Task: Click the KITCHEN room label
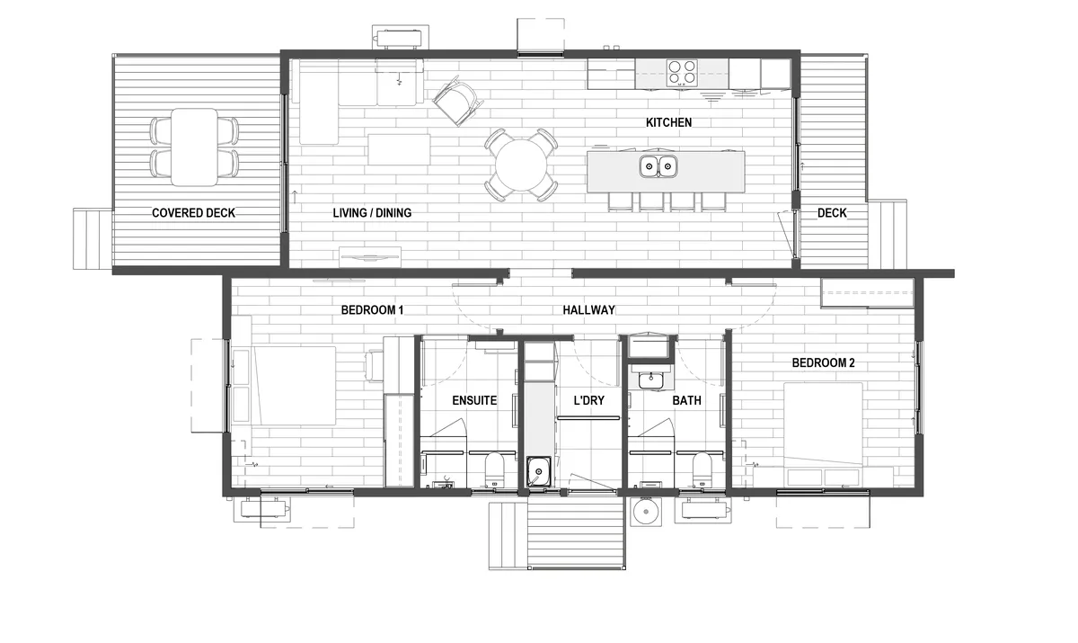click(668, 123)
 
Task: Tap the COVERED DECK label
click(193, 213)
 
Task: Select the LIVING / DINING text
click(372, 213)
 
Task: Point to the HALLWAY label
click(588, 310)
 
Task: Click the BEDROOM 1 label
click(372, 310)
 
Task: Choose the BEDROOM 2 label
click(824, 363)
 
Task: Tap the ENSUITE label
click(474, 400)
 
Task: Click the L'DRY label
click(589, 400)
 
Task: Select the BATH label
click(686, 400)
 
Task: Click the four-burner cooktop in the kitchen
click(682, 73)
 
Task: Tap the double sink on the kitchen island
click(658, 166)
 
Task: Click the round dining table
click(521, 165)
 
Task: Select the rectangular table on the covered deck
click(194, 147)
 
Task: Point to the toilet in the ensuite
click(494, 469)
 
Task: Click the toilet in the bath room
click(702, 469)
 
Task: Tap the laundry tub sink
click(538, 471)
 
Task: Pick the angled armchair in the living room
click(457, 101)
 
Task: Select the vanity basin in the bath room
click(650, 380)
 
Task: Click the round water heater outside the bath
click(646, 512)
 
